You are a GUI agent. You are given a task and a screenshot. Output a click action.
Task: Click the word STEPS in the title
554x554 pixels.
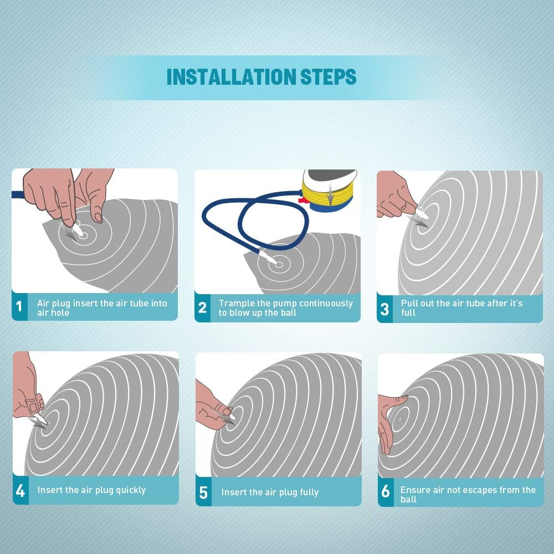point(328,77)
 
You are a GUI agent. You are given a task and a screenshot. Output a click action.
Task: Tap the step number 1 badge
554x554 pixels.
point(19,306)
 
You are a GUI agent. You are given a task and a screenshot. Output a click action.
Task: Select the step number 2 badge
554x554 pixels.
point(202,307)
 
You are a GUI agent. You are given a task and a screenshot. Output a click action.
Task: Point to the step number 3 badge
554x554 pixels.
point(385,309)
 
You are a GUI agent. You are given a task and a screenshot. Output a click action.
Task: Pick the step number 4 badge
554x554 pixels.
point(20,490)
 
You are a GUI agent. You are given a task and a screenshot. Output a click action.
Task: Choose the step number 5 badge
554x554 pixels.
point(203,492)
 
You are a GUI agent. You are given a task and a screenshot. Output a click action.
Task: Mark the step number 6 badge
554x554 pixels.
point(386,491)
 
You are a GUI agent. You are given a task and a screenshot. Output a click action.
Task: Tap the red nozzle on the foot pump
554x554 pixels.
point(304,201)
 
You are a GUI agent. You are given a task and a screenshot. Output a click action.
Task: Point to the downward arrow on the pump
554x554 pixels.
point(330,193)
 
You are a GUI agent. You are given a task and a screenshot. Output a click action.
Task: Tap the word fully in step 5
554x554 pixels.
point(309,492)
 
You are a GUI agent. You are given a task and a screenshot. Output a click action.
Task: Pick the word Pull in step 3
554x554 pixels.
point(408,303)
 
